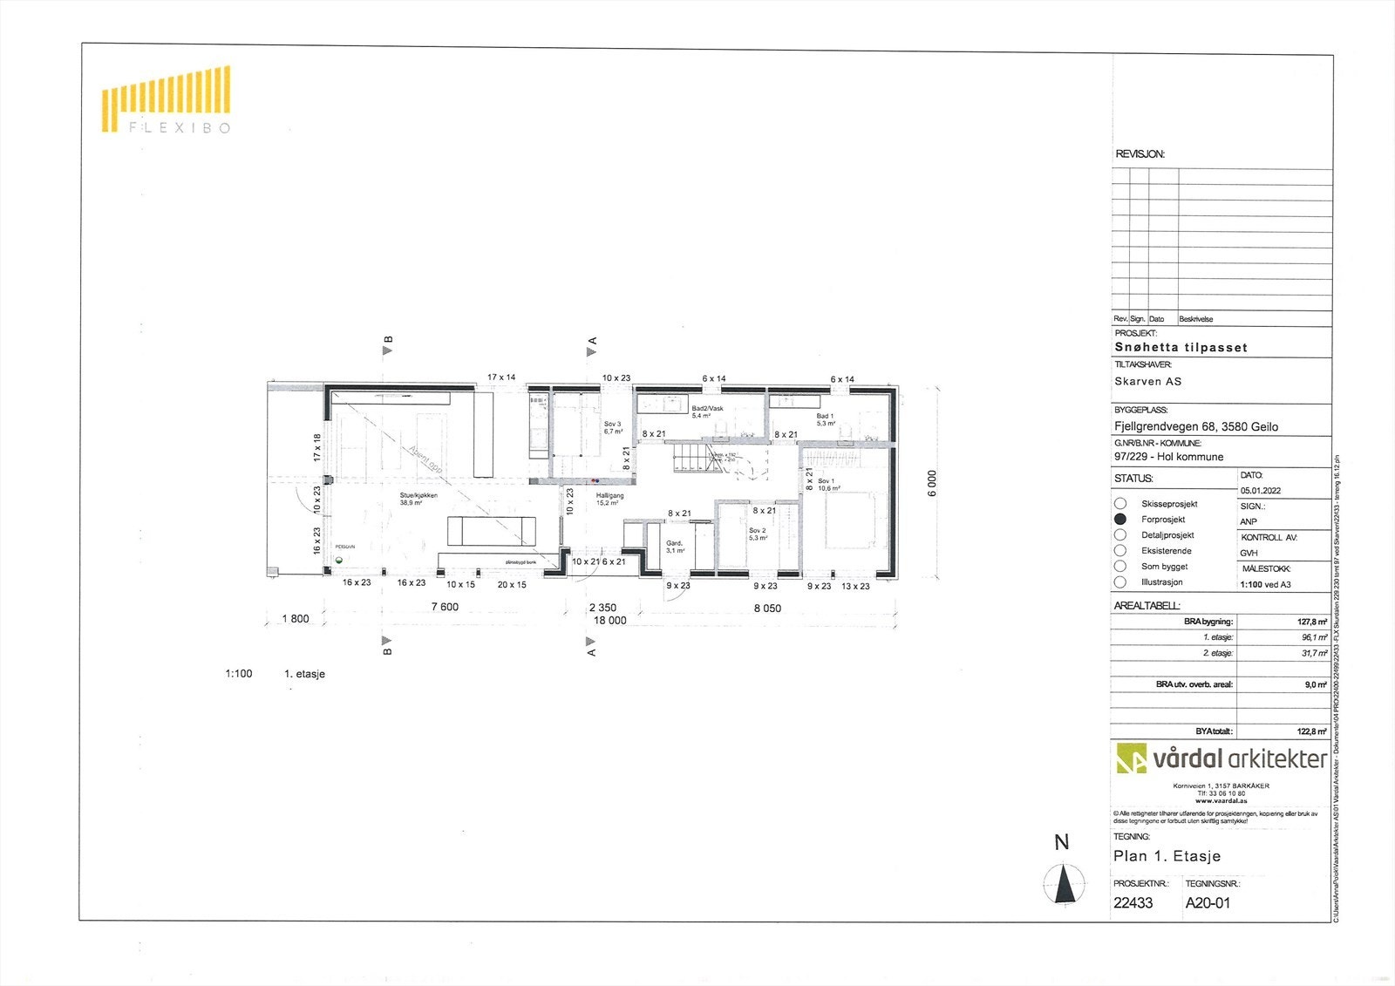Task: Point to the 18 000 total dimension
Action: pos(609,621)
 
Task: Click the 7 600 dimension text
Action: pos(445,607)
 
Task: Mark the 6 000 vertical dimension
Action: pos(932,483)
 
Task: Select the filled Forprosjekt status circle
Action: pos(1120,519)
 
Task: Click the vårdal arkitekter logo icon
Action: pos(1132,758)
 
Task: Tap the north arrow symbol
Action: pos(1064,884)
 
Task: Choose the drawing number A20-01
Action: pos(1208,903)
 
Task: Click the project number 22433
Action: pos(1133,903)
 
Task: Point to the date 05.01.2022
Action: pos(1261,491)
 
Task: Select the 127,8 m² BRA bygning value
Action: pos(1311,622)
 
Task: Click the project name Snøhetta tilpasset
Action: pos(1181,347)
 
